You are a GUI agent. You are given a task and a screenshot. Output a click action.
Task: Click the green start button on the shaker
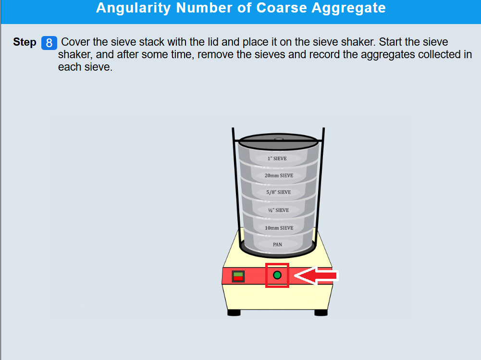pyautogui.click(x=277, y=275)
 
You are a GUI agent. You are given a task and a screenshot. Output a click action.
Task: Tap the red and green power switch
pyautogui.click(x=238, y=276)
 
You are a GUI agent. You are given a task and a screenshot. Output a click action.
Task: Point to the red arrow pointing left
pyautogui.click(x=316, y=275)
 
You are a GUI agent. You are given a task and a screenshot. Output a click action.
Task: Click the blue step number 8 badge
pyautogui.click(x=49, y=43)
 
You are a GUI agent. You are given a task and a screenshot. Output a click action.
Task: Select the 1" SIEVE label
pyautogui.click(x=277, y=158)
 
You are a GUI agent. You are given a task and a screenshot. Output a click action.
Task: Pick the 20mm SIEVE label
pyautogui.click(x=279, y=175)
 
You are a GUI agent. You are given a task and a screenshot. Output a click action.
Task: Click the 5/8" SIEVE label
pyautogui.click(x=279, y=192)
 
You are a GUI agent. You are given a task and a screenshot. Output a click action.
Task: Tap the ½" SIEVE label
pyautogui.click(x=279, y=210)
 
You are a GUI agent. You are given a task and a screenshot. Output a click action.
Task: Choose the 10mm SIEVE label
pyautogui.click(x=279, y=228)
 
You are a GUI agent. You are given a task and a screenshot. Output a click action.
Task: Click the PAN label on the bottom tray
pyautogui.click(x=277, y=245)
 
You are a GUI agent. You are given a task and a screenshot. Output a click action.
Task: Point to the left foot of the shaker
pyautogui.click(x=234, y=313)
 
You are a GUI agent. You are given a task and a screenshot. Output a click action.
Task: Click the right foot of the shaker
pyautogui.click(x=321, y=313)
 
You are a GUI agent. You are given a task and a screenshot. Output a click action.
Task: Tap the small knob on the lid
pyautogui.click(x=279, y=139)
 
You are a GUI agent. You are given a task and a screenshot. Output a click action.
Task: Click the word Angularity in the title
pyautogui.click(x=133, y=8)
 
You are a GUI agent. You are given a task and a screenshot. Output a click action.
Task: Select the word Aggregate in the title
pyautogui.click(x=348, y=8)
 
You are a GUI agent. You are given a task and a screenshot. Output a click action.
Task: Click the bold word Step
pyautogui.click(x=25, y=42)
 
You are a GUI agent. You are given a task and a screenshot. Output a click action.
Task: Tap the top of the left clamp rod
pyautogui.click(x=233, y=129)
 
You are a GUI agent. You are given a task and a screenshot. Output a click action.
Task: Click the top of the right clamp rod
pyautogui.click(x=324, y=129)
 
